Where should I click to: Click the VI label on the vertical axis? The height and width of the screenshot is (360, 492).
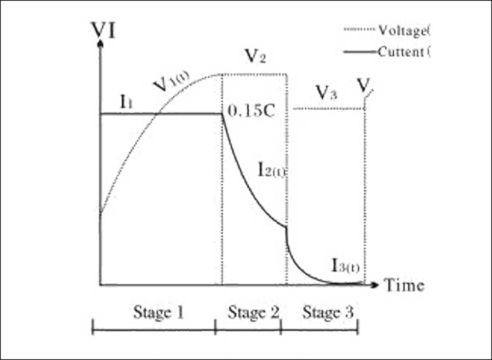tap(105, 29)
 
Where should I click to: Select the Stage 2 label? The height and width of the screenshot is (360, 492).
tap(250, 312)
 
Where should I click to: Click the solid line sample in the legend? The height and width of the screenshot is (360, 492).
tap(357, 51)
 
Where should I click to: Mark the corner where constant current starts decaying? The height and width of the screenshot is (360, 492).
tap(223, 115)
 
